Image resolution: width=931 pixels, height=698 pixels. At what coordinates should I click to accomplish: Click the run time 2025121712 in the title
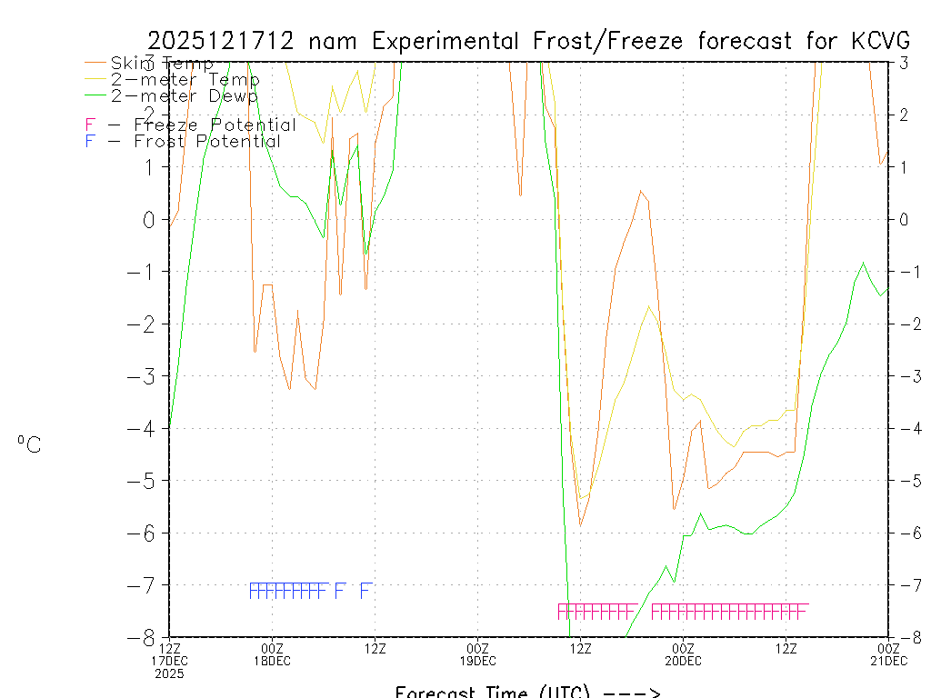[223, 41]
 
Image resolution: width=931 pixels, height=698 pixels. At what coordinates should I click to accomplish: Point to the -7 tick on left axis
[147, 584]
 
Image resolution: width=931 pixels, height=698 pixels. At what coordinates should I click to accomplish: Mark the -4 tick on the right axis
[904, 428]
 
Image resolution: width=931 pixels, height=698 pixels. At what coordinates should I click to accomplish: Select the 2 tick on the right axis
[904, 115]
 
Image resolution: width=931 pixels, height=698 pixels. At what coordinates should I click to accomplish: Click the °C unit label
[29, 444]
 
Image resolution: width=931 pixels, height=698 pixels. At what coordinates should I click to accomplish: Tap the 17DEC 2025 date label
[169, 667]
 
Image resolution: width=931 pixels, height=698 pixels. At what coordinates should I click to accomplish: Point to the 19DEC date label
[477, 661]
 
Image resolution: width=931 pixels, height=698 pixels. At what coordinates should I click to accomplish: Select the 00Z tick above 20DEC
[683, 648]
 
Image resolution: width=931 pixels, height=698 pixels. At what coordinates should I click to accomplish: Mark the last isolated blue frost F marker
[365, 591]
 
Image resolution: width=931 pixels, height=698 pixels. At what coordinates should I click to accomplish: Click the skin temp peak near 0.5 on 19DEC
[641, 191]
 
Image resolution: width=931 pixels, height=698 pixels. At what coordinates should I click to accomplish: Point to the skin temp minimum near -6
[580, 525]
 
